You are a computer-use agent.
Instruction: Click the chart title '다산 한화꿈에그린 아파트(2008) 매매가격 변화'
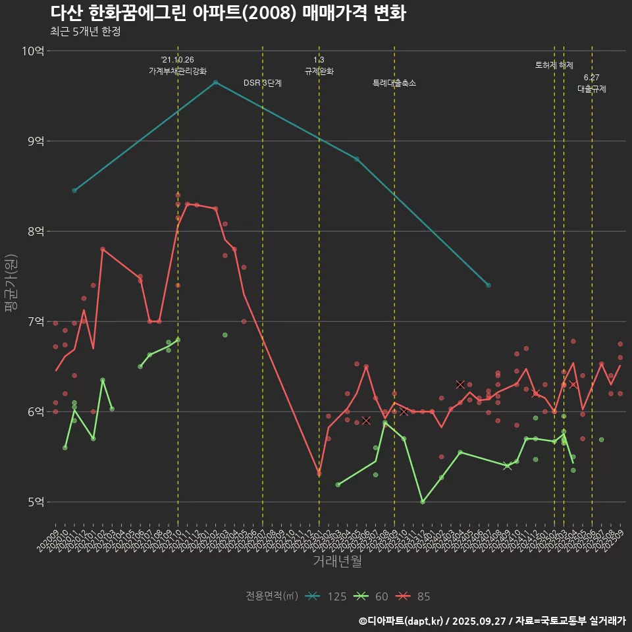tap(228, 13)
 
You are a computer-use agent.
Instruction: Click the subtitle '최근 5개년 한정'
tap(85, 32)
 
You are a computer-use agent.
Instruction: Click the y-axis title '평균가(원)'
tap(12, 283)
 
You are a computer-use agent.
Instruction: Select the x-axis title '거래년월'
tap(336, 561)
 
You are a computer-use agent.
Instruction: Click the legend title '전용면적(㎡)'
tap(272, 596)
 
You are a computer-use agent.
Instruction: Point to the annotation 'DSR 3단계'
tap(263, 84)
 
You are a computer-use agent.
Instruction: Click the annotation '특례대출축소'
tap(394, 84)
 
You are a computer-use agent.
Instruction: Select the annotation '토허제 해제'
tap(554, 65)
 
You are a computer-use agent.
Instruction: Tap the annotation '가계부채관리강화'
tap(178, 71)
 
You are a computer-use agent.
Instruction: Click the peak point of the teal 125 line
tap(215, 82)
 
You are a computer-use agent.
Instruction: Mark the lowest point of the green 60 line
tap(423, 502)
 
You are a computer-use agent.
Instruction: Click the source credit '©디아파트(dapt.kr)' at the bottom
tap(401, 621)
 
